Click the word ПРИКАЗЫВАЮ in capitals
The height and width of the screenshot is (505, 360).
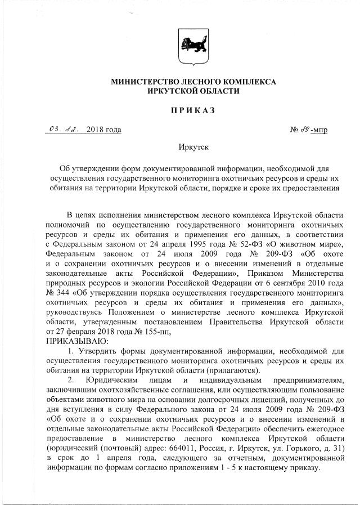[x=76, y=340]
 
